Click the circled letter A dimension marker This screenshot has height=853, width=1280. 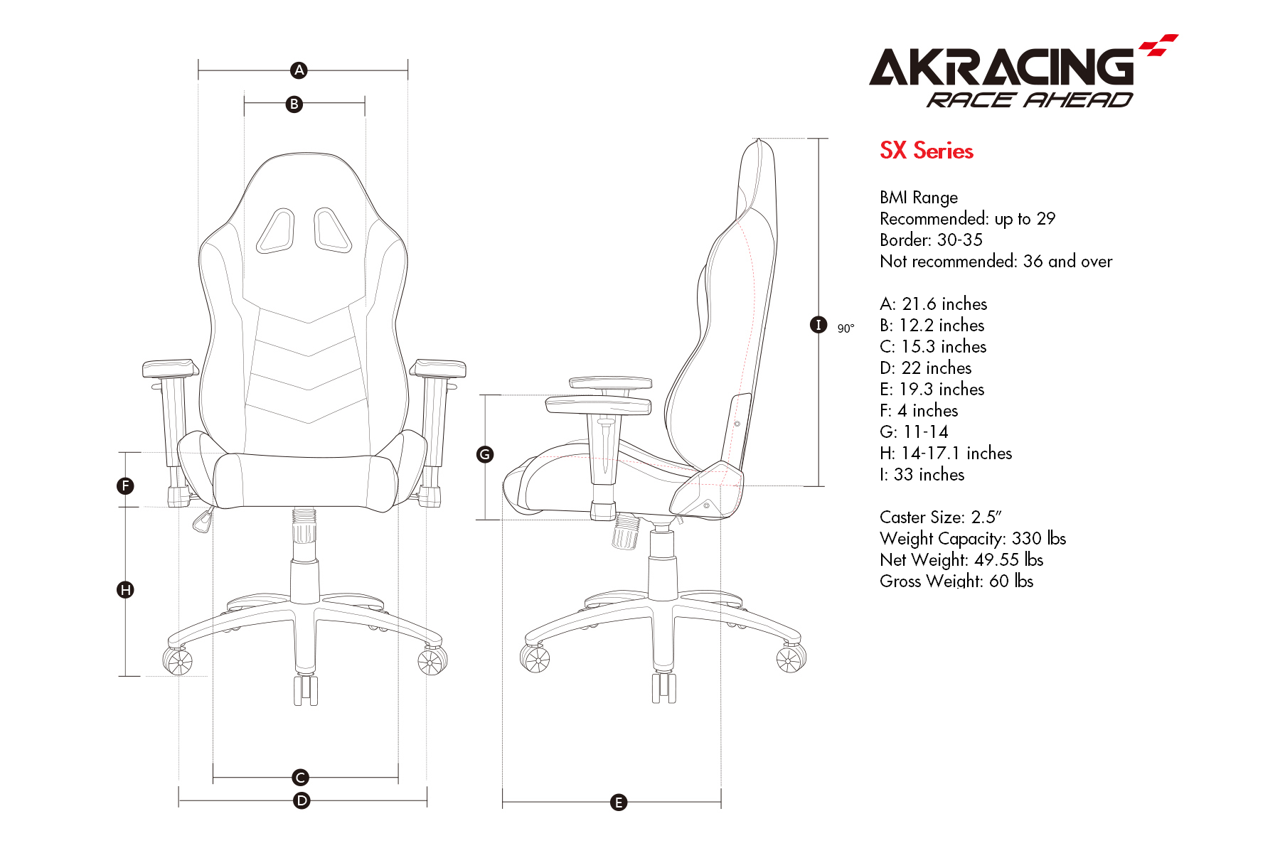point(299,70)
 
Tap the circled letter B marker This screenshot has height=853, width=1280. point(294,104)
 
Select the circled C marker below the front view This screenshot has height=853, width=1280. point(301,778)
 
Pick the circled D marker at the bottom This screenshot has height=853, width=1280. point(302,801)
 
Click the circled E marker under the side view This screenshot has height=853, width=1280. point(619,803)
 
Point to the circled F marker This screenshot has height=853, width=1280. point(125,486)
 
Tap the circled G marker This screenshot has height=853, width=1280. point(485,454)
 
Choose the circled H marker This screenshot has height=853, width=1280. point(125,589)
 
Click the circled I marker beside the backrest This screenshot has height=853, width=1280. point(818,325)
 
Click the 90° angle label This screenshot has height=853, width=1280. point(846,328)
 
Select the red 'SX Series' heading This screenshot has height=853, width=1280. point(927,151)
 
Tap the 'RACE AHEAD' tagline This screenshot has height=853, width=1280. point(1030,100)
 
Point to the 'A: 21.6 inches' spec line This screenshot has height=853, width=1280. point(934,304)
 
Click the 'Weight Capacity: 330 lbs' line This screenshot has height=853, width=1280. point(973,539)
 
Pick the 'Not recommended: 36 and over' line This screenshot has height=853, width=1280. point(996,262)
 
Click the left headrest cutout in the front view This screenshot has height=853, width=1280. point(276,231)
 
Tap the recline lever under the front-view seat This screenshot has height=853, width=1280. point(204,520)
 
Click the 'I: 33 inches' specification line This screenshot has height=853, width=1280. point(922,475)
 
